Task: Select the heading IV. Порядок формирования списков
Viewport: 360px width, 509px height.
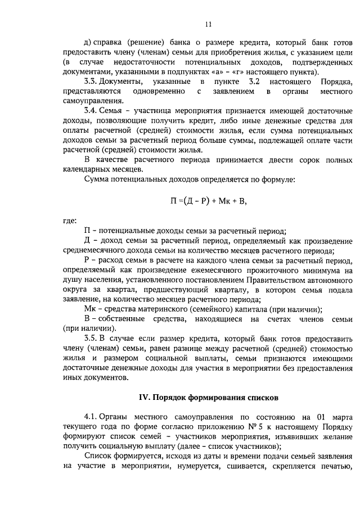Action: point(208,397)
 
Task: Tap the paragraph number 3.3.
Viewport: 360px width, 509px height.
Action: point(91,82)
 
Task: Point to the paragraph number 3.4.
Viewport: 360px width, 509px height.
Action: point(91,111)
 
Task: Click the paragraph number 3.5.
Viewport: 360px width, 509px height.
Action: point(91,339)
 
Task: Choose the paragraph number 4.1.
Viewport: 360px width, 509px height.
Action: point(91,417)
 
